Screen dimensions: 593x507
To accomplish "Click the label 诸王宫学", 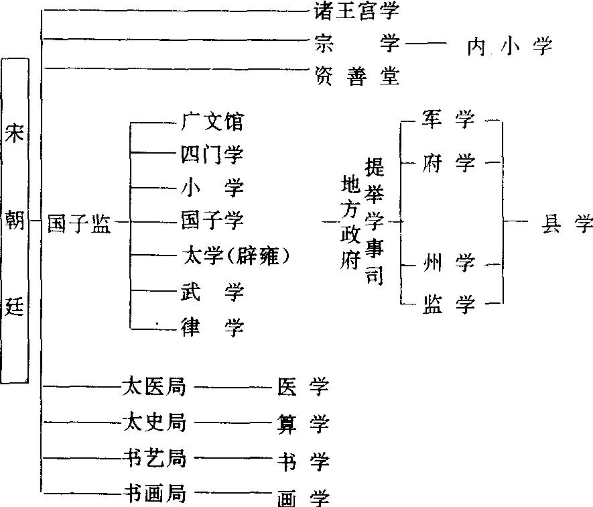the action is (x=357, y=11).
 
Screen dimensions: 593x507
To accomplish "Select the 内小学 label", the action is (x=510, y=46).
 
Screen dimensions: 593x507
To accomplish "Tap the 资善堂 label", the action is (x=357, y=76).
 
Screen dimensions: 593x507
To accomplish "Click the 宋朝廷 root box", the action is (x=15, y=221).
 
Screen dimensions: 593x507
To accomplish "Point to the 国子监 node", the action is (x=79, y=223).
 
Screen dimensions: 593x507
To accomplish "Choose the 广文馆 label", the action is (x=212, y=121).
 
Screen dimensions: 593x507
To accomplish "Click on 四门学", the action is (x=212, y=154).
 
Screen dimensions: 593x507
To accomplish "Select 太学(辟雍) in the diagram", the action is (x=236, y=256).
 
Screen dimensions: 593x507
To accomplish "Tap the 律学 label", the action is (x=212, y=327).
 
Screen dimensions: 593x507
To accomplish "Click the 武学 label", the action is (x=212, y=292).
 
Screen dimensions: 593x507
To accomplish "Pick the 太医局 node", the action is (x=154, y=386).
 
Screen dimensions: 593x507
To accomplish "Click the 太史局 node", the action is (x=154, y=422).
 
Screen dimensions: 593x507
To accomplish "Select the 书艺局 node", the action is (x=154, y=458).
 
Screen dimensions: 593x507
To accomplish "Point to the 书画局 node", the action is (x=155, y=493).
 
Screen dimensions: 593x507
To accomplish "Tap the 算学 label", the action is (x=303, y=424).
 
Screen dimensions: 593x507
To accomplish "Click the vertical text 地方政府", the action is (x=350, y=222).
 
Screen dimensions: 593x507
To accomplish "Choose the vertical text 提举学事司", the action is (x=375, y=221).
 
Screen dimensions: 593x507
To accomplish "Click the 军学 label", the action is (x=448, y=119).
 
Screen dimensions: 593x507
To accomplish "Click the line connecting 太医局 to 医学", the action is (x=233, y=387).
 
